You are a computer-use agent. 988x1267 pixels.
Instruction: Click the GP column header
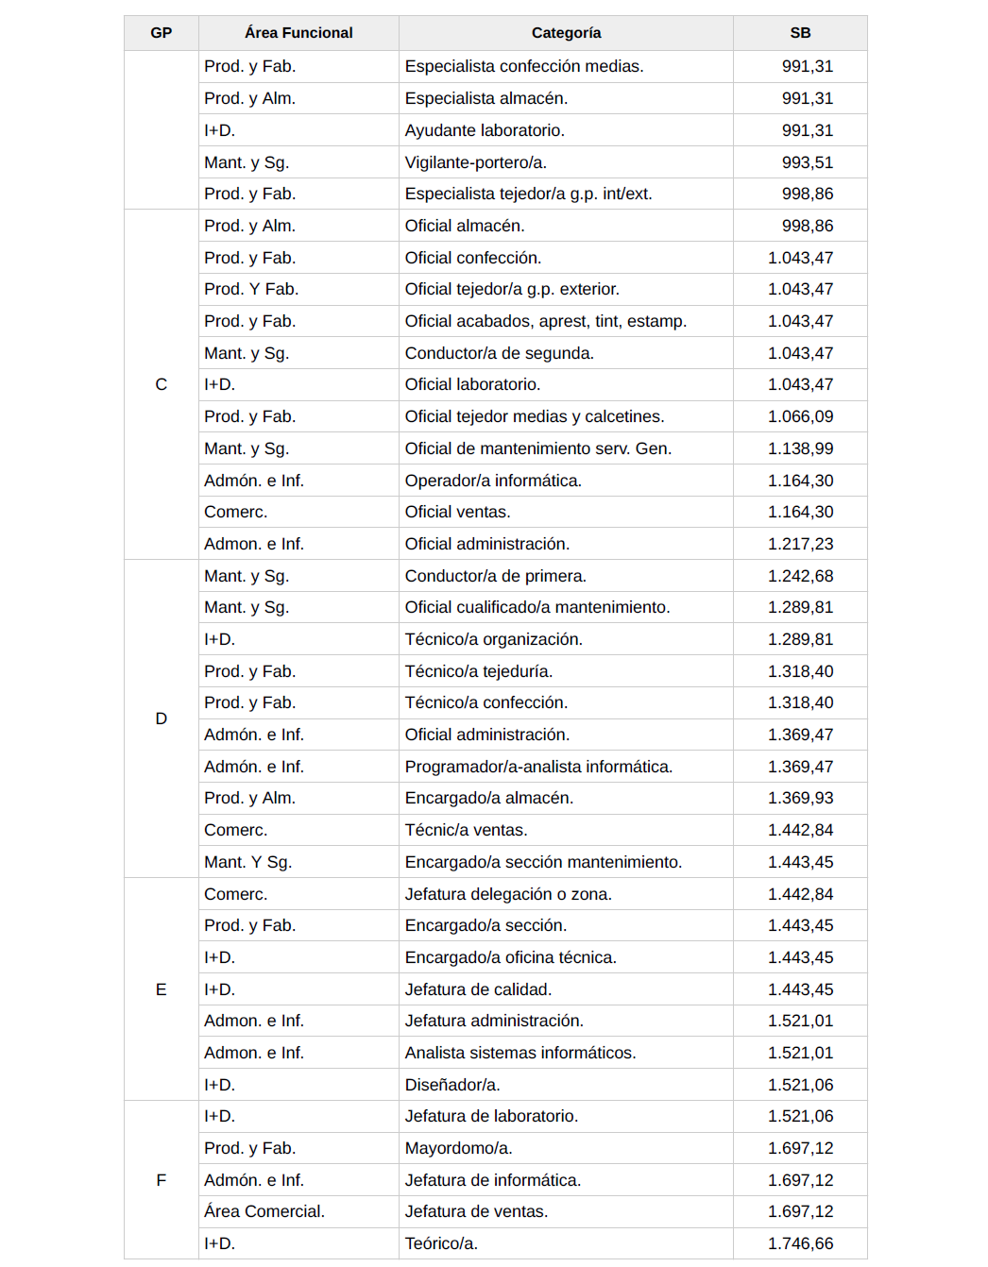pos(161,33)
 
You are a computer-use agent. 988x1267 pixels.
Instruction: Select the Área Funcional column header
pos(298,33)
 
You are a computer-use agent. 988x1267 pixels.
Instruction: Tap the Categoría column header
pos(566,33)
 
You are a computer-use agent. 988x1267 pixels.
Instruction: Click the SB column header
pos(800,33)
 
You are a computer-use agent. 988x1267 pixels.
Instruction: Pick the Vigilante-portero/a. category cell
pos(476,162)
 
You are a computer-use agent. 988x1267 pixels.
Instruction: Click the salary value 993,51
pos(807,162)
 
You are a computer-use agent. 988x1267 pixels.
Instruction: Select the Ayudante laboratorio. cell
pos(485,130)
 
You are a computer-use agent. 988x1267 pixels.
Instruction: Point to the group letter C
pos(162,384)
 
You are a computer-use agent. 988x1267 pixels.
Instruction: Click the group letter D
pos(162,718)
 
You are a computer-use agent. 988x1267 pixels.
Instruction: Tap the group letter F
pos(162,1180)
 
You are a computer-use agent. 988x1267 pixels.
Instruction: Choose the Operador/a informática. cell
pos(493,481)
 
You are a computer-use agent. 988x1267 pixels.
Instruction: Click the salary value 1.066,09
pos(800,416)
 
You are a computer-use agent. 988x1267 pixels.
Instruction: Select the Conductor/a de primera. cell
pos(496,576)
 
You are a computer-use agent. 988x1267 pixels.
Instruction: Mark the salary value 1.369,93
pos(800,798)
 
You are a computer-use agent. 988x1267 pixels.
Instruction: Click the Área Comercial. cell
pos(264,1211)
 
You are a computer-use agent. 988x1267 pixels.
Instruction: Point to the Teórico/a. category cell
pos(441,1243)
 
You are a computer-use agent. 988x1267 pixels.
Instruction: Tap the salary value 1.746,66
pos(800,1243)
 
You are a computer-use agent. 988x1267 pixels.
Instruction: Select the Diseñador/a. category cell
pos(452,1085)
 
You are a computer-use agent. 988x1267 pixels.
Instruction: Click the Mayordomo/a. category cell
pos(458,1148)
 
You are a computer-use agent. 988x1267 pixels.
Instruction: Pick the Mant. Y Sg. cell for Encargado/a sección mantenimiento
pos(248,862)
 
